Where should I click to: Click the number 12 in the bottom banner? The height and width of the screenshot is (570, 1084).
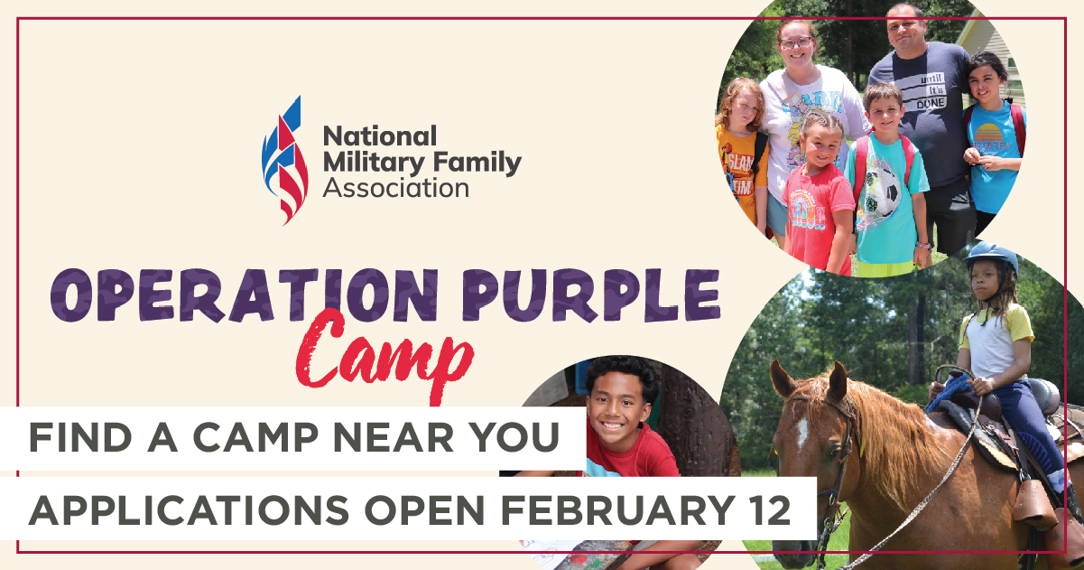tap(767, 510)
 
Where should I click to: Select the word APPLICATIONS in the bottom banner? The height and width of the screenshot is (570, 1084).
tap(181, 510)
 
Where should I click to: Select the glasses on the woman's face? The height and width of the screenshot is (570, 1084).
tap(795, 42)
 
